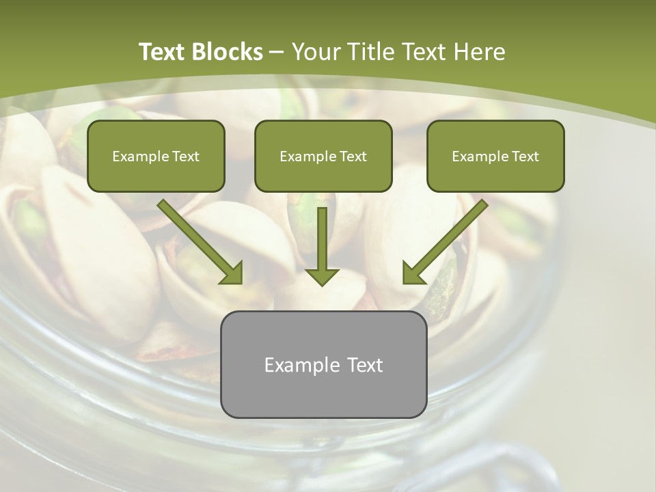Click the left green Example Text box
pyautogui.click(x=156, y=156)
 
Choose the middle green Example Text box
pyautogui.click(x=323, y=156)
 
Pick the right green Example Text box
pyautogui.click(x=495, y=156)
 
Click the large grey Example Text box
pyautogui.click(x=323, y=364)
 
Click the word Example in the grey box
pyautogui.click(x=297, y=365)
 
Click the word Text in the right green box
pyautogui.click(x=525, y=156)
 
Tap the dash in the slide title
pyautogui.click(x=277, y=52)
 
